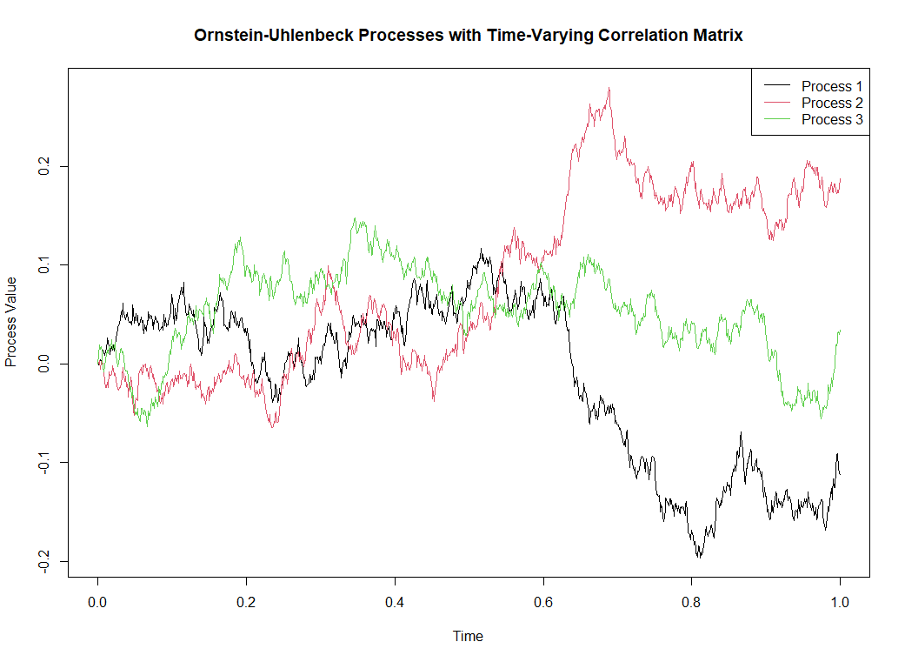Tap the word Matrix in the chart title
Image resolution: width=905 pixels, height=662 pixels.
pyautogui.click(x=716, y=36)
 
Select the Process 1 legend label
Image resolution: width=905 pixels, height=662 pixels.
pyautogui.click(x=832, y=86)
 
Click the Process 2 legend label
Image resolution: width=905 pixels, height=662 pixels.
pyautogui.click(x=832, y=103)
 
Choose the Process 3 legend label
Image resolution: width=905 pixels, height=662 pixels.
pyautogui.click(x=832, y=119)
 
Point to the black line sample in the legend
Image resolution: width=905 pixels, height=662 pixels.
pyautogui.click(x=776, y=86)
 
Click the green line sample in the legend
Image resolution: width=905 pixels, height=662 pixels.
pyautogui.click(x=776, y=119)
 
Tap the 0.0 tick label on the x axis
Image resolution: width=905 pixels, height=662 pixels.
pyautogui.click(x=98, y=602)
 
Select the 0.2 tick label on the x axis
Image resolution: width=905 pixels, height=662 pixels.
pyautogui.click(x=247, y=602)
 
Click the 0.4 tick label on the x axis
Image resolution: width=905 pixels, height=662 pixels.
pyautogui.click(x=395, y=602)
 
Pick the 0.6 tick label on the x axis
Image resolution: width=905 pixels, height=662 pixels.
pyautogui.click(x=543, y=602)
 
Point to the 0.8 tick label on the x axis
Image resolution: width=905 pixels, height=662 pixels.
pyautogui.click(x=692, y=602)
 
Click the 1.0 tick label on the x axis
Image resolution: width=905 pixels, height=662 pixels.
pyautogui.click(x=840, y=602)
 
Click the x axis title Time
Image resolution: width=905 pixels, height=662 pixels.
pyautogui.click(x=468, y=636)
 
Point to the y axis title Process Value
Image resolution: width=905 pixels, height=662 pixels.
pyautogui.click(x=12, y=322)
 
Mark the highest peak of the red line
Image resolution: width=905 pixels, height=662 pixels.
pyautogui.click(x=609, y=87)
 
